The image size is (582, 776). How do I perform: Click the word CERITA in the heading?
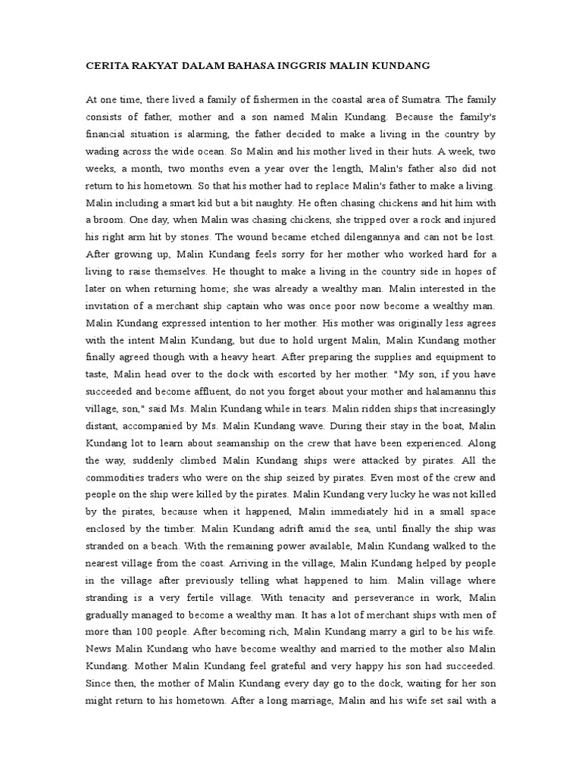coord(107,66)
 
